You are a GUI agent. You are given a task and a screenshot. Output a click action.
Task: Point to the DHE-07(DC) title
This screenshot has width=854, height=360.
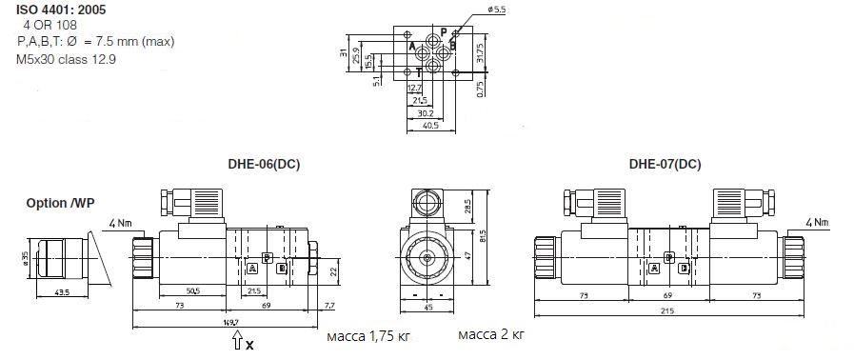click(x=665, y=164)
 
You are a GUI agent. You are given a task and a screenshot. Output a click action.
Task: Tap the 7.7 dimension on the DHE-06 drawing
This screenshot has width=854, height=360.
click(x=329, y=305)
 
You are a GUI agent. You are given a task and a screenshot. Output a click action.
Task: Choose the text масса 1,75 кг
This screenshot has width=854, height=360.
click(x=368, y=336)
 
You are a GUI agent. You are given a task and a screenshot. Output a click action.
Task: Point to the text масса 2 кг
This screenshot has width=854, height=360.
click(x=491, y=334)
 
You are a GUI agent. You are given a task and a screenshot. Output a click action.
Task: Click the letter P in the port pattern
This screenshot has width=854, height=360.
click(x=443, y=30)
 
